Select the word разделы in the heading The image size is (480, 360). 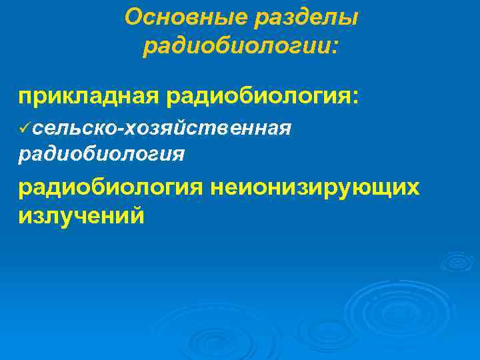[x=306, y=18]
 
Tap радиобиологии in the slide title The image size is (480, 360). [x=237, y=47]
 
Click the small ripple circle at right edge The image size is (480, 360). [x=457, y=261]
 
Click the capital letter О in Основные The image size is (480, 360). [x=133, y=18]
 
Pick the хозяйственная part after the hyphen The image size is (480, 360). [x=206, y=127]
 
